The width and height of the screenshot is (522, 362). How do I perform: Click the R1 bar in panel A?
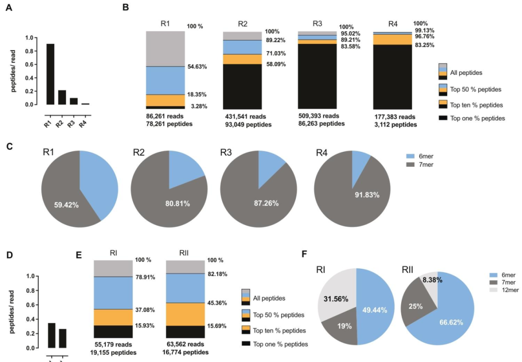[x=50, y=74]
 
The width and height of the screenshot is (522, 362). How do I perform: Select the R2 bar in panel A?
[x=62, y=97]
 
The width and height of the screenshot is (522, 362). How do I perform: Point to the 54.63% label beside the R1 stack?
[x=198, y=66]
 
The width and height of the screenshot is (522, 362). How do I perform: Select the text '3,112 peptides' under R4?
[x=395, y=125]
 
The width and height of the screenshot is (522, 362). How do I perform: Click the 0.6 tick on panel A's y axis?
[x=33, y=64]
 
